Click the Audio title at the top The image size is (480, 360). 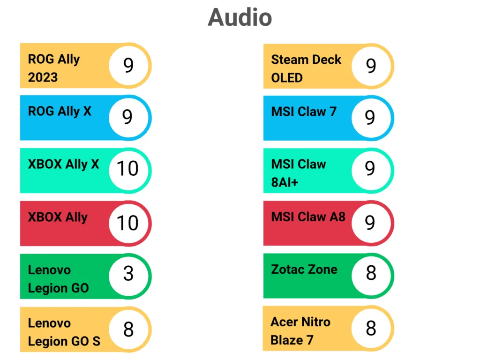click(240, 18)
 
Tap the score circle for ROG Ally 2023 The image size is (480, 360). click(128, 66)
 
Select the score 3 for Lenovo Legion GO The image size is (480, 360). click(128, 273)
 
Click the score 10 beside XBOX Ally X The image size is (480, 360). click(127, 168)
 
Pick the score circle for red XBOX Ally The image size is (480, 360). click(127, 223)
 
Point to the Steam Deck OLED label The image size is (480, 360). click(306, 68)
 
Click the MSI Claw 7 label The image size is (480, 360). click(303, 112)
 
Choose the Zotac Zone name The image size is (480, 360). click(304, 269)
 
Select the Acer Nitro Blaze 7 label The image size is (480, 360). click(300, 331)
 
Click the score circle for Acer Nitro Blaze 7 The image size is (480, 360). click(371, 328)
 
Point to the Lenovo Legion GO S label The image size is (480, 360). click(64, 332)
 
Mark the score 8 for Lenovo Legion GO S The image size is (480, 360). click(128, 330)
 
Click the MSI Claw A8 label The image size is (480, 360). click(307, 217)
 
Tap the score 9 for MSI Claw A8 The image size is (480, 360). click(370, 223)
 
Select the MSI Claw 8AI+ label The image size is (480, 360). click(298, 172)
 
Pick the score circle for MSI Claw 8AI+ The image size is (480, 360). click(370, 168)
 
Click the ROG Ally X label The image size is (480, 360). click(60, 111)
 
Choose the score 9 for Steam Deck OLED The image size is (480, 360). click(371, 66)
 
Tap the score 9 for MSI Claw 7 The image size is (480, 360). click(370, 117)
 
